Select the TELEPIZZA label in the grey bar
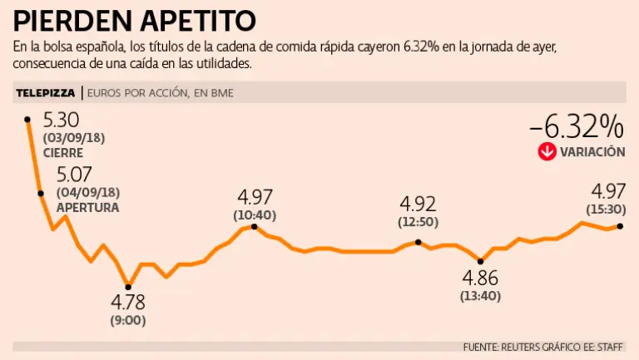coord(46,93)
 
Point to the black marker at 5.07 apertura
coord(41,193)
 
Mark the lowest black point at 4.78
coord(128,287)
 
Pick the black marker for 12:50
coord(418,243)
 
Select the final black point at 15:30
coord(619,225)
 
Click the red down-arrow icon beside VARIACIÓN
coord(547,151)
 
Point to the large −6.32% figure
coord(576,127)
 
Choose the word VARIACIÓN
coord(592,152)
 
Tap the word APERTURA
coord(87,207)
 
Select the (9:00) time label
coord(128,319)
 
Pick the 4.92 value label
coord(418,205)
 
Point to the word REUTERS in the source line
coord(522,347)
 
